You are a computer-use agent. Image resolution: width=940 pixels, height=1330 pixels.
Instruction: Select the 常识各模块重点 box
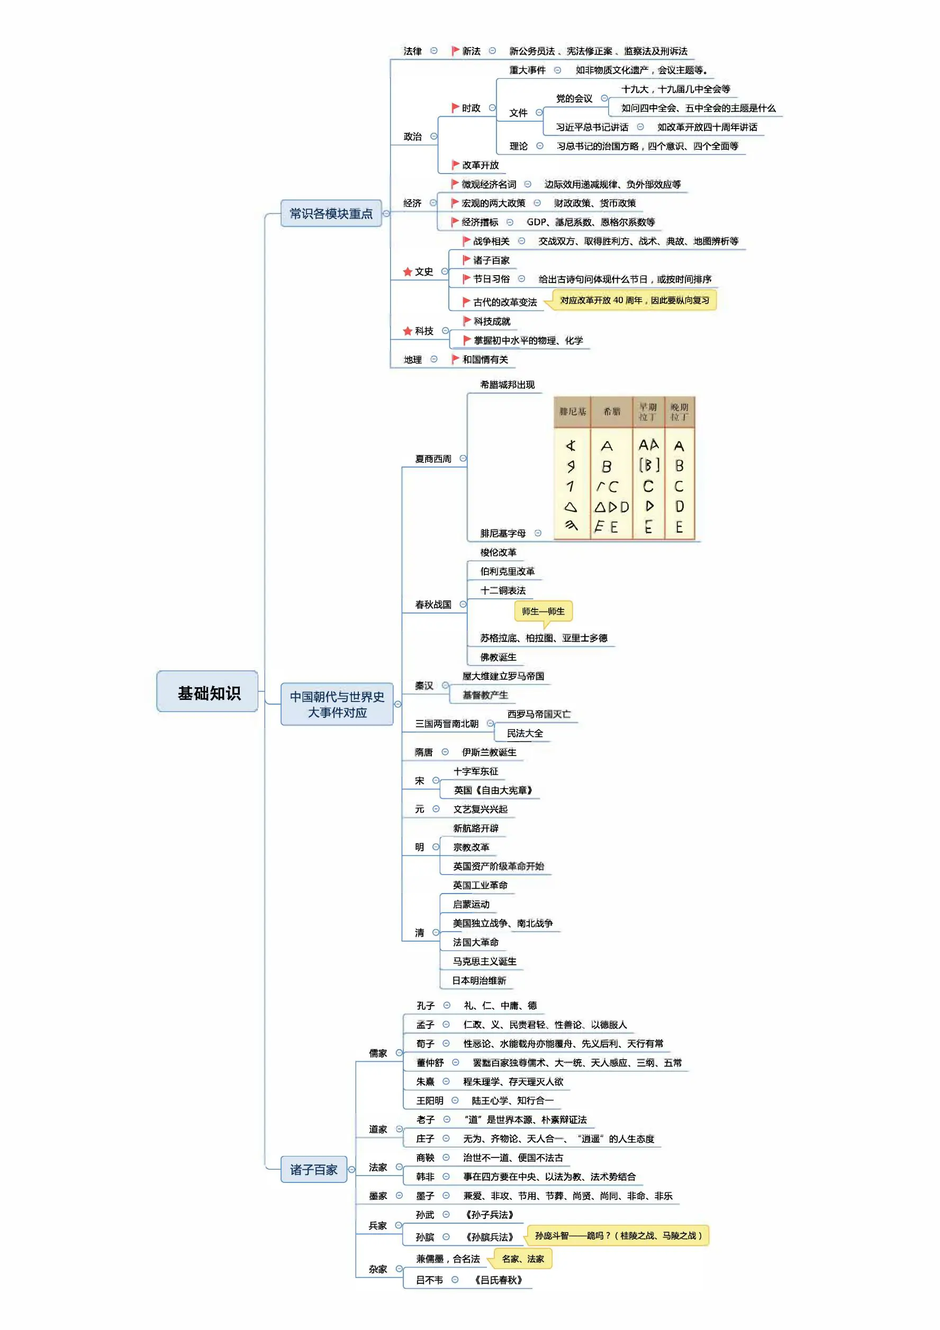(331, 214)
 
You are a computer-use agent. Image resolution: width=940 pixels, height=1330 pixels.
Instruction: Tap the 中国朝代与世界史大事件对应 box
(337, 704)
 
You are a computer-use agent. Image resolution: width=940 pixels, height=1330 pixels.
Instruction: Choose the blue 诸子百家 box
(313, 1170)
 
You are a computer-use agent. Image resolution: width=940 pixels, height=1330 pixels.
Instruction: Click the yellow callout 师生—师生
(543, 611)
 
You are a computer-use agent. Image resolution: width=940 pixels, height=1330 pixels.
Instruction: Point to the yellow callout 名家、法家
(522, 1259)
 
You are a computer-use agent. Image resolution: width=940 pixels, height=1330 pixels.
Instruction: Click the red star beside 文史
(408, 272)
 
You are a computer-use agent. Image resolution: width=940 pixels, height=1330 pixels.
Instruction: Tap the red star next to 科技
(408, 331)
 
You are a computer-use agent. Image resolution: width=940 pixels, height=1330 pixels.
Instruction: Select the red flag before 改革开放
(456, 165)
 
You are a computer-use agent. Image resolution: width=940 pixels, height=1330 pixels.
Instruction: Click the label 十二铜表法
(503, 590)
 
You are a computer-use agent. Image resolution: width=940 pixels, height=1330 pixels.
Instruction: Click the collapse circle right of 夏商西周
(463, 458)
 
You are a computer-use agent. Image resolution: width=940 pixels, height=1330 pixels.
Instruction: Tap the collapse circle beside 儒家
(399, 1053)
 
